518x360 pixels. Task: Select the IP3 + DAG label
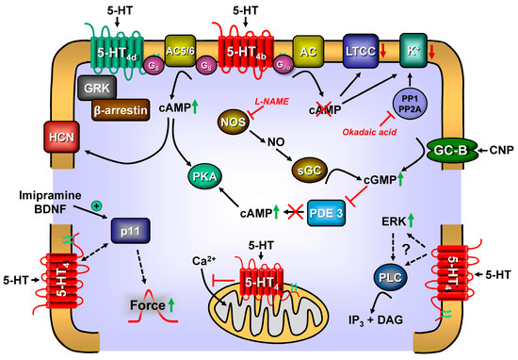pos(374,321)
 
